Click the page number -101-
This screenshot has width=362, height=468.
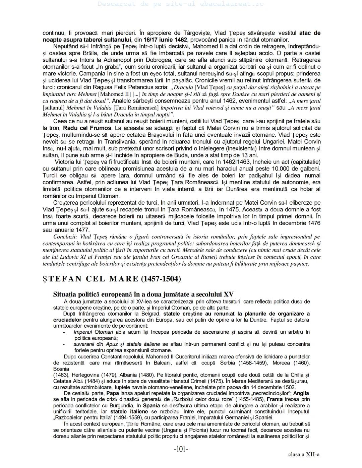[181, 449]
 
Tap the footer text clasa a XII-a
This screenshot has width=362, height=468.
[304, 455]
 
